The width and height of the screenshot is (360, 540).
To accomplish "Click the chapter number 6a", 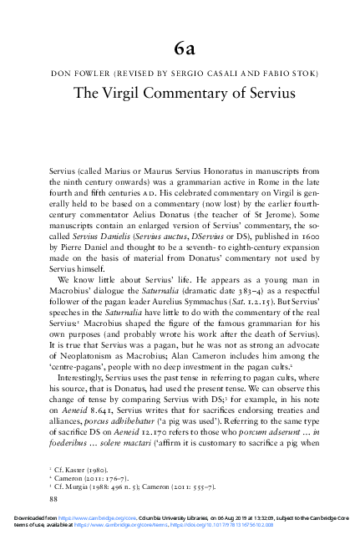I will [x=180, y=45].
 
